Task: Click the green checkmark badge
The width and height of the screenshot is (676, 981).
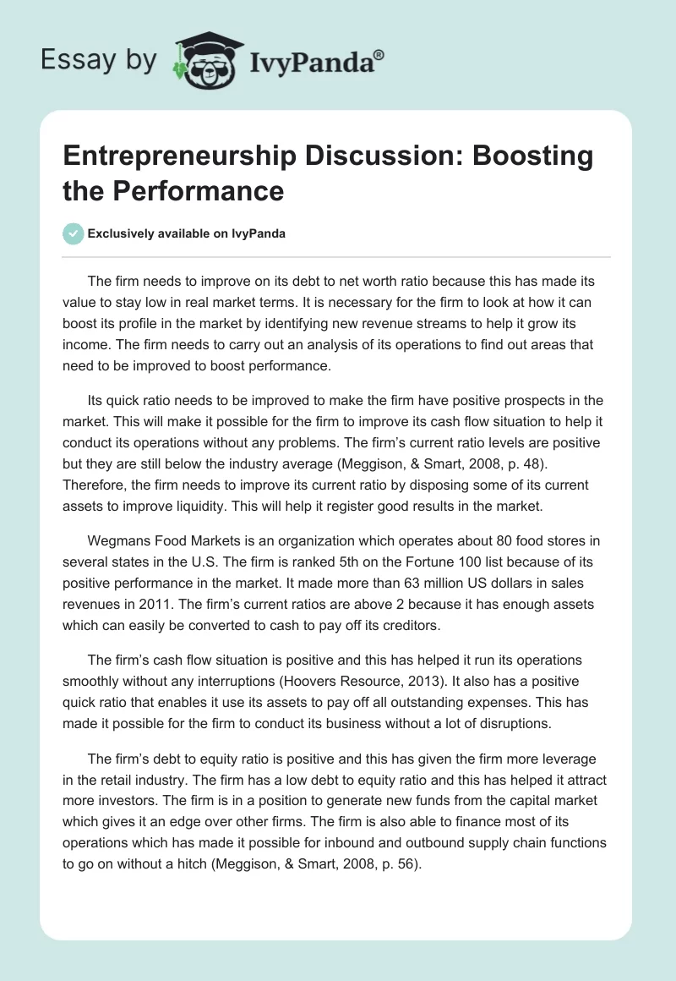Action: point(74,233)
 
